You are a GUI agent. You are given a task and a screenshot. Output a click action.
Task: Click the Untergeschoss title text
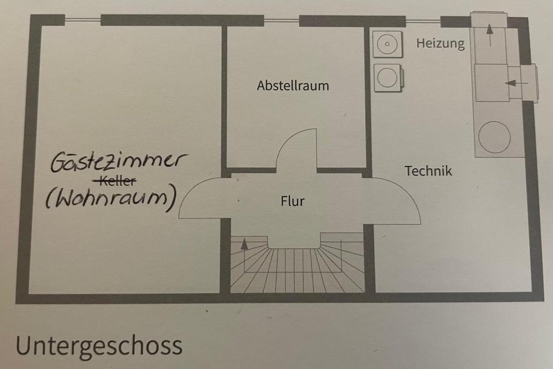(x=99, y=345)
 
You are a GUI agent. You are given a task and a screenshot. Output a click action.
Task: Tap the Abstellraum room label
(x=293, y=86)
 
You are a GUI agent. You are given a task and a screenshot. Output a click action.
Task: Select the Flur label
(x=292, y=201)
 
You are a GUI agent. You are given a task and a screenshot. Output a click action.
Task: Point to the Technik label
(x=428, y=171)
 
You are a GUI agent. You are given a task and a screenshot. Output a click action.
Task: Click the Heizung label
(x=440, y=43)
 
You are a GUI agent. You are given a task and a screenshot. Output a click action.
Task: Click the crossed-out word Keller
(x=118, y=181)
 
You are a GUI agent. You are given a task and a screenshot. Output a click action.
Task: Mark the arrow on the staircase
(x=244, y=244)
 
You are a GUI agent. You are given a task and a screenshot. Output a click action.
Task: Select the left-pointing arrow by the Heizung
(x=515, y=82)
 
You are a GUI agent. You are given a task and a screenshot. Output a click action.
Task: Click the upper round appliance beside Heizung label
(x=387, y=43)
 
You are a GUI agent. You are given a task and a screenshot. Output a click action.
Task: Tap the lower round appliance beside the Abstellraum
(x=387, y=77)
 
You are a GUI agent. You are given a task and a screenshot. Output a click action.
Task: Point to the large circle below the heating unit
(x=494, y=137)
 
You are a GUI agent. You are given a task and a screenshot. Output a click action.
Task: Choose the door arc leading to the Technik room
(x=397, y=199)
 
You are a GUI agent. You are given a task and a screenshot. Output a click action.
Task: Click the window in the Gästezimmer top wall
(x=82, y=20)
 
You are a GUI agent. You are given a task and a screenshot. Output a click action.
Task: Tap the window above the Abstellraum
(x=282, y=21)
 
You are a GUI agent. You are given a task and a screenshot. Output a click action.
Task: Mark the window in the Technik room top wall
(x=423, y=21)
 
